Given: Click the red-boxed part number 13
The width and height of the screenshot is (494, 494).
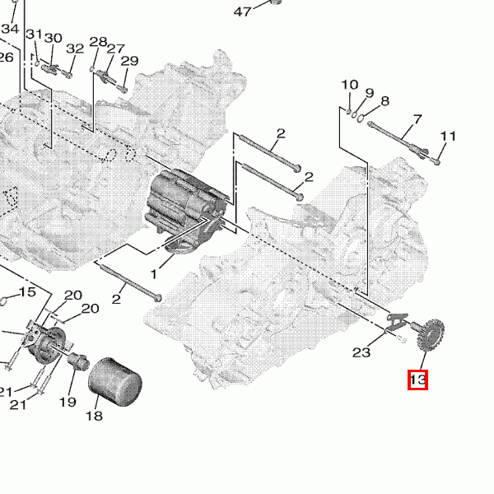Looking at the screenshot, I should coord(417,380).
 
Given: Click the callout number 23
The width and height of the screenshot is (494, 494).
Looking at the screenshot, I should coord(361,352).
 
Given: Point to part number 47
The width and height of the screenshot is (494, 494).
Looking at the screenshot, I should coord(242,12).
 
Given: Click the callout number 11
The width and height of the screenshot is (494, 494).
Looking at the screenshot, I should coord(448,136).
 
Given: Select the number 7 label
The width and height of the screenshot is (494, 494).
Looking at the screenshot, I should coord(417,120).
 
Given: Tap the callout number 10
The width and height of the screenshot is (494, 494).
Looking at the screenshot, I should coord(350,85).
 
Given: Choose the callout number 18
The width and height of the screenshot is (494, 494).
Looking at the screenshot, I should coord(94,416).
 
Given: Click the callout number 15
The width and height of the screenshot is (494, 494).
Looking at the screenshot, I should coord(27,292).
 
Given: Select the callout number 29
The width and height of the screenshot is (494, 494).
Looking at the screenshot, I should coord(129,61).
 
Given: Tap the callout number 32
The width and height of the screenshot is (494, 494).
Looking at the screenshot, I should coord(75,49).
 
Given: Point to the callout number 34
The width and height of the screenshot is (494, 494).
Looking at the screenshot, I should coord(10,29).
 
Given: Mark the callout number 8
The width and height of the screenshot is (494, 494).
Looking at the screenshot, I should coord(384,101).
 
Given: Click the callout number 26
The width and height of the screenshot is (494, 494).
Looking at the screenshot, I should coord(6,57).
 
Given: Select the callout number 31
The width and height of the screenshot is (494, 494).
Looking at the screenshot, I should coord(33,35).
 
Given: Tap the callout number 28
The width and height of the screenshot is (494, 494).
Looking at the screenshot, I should coord(98,42).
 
